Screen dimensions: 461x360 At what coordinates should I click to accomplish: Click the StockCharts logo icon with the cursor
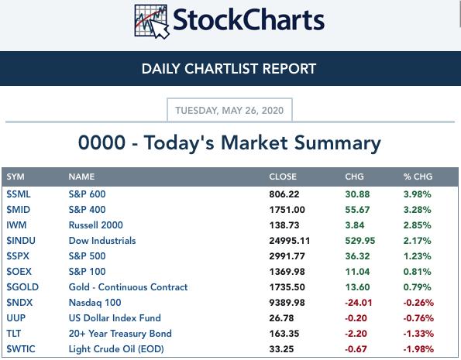(152, 22)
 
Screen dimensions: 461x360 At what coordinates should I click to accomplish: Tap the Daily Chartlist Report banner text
(229, 69)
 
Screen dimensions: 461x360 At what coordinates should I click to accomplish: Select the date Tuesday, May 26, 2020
(229, 111)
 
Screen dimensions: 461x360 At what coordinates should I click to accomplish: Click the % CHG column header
(418, 177)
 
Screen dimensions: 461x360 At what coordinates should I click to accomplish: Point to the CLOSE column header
(283, 177)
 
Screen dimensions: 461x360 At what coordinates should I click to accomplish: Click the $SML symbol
(19, 194)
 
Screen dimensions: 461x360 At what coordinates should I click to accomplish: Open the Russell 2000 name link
(95, 225)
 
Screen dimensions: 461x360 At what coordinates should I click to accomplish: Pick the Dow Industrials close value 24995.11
(289, 241)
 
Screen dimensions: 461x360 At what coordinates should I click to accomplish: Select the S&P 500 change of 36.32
(357, 256)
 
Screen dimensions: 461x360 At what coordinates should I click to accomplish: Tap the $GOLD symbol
(22, 287)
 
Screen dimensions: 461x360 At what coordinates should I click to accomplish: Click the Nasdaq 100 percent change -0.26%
(418, 303)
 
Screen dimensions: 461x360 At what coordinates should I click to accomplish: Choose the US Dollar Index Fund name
(115, 318)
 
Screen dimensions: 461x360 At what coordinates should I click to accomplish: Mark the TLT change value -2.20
(356, 334)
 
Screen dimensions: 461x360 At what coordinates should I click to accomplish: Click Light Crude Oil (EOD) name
(116, 349)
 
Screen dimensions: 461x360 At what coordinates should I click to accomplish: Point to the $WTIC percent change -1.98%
(418, 349)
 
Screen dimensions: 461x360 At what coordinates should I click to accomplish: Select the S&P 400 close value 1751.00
(287, 210)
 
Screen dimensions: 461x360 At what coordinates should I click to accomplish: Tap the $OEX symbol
(19, 272)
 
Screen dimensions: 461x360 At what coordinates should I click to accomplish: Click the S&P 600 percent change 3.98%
(417, 194)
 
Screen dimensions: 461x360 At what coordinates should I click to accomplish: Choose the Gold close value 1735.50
(287, 287)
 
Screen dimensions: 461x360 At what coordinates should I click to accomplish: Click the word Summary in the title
(338, 143)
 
